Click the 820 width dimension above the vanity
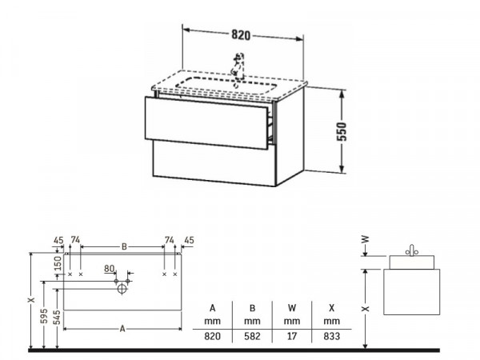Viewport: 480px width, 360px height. click(x=241, y=35)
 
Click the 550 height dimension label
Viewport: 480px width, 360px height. click(x=342, y=132)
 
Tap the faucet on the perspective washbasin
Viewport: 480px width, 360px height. click(x=238, y=66)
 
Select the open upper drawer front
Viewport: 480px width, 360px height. click(x=206, y=123)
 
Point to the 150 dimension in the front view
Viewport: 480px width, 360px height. click(x=58, y=263)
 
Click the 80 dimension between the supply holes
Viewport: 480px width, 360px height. click(x=110, y=269)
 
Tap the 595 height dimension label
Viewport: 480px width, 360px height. click(x=44, y=316)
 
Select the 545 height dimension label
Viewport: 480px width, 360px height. click(x=57, y=317)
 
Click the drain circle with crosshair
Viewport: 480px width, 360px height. click(x=122, y=289)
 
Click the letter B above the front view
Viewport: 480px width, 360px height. click(x=124, y=246)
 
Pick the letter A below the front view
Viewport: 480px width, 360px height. click(x=122, y=329)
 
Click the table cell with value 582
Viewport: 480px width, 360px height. click(x=252, y=336)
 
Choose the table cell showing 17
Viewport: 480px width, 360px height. click(x=292, y=336)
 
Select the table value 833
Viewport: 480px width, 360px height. click(x=332, y=336)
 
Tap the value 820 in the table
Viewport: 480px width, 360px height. click(x=213, y=336)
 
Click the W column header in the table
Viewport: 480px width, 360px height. click(x=292, y=308)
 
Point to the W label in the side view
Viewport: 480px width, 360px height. click(x=365, y=239)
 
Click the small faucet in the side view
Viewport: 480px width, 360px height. click(x=412, y=250)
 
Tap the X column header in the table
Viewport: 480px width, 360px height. click(x=332, y=308)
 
